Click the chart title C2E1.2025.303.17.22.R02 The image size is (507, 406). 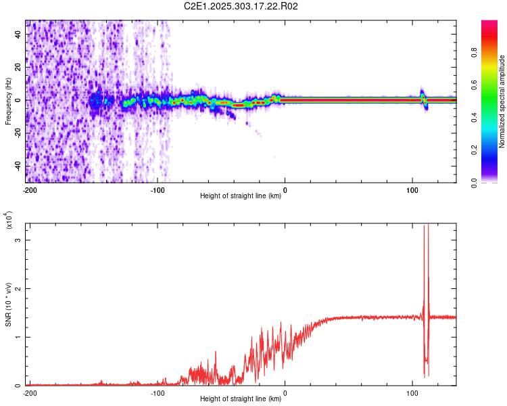pos(241,6)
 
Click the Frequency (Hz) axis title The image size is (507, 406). pos(8,101)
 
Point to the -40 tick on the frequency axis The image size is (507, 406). pos(18,166)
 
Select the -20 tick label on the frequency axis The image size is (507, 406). pos(18,133)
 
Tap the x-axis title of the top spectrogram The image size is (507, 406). pos(241,196)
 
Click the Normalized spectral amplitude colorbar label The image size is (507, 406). pos(502,101)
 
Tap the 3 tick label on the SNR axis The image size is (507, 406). pos(19,240)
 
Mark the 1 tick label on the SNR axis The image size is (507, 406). pos(19,337)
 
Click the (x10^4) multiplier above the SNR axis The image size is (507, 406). pos(9,221)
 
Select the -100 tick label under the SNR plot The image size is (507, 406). pos(158,393)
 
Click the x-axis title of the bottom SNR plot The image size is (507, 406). pos(241,399)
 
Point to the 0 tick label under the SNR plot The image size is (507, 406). pos(285,393)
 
